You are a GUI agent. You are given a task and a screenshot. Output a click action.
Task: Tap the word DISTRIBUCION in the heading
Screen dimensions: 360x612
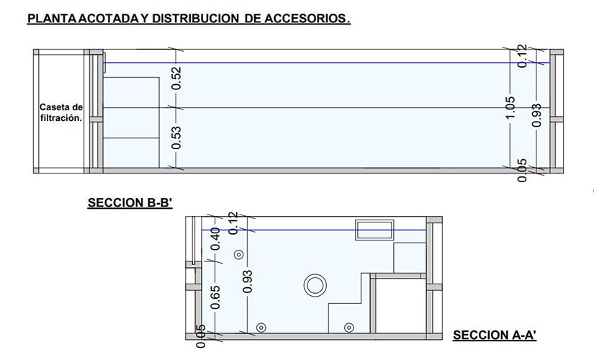pyautogui.click(x=192, y=19)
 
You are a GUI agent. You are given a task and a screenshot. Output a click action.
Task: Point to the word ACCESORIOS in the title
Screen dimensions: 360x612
pyautogui.click(x=306, y=19)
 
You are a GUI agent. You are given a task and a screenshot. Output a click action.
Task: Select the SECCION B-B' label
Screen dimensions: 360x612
pyautogui.click(x=130, y=203)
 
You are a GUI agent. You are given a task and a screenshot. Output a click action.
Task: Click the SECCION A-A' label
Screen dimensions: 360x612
pyautogui.click(x=495, y=335)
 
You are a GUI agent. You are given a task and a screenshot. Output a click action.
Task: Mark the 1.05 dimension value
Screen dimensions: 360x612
pyautogui.click(x=510, y=107)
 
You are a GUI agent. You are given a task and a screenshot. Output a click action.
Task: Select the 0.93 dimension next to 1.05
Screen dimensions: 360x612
pyautogui.click(x=536, y=115)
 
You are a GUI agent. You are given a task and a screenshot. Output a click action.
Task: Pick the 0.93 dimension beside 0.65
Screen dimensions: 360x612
pyautogui.click(x=248, y=281)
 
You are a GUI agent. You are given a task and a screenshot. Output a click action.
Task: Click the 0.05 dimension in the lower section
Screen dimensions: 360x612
pyautogui.click(x=201, y=335)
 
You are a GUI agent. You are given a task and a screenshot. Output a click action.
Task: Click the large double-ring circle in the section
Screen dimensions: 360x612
pyautogui.click(x=315, y=285)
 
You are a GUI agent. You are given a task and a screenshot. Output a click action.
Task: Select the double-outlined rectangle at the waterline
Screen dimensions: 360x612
pyautogui.click(x=375, y=230)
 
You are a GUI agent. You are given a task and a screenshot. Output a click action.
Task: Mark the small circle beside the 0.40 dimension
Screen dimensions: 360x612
pyautogui.click(x=238, y=254)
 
